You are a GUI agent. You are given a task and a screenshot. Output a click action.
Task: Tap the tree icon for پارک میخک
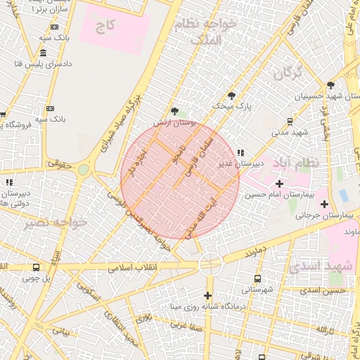tap(231, 96)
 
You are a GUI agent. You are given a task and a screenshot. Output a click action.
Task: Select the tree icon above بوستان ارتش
tap(174, 111)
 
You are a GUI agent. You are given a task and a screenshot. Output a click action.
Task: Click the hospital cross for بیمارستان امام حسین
tap(280, 163)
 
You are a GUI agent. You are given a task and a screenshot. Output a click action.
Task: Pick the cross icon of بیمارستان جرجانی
tap(324, 205)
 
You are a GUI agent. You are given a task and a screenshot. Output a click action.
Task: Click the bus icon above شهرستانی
tap(257, 278)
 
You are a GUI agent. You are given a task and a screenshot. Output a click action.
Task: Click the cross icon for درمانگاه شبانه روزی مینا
tap(207, 295)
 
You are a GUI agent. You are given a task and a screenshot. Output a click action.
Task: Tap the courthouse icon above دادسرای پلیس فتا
tap(44, 53)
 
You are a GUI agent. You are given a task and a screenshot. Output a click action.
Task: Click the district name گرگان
tap(289, 72)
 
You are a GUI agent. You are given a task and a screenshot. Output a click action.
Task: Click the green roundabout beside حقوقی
tap(84, 169)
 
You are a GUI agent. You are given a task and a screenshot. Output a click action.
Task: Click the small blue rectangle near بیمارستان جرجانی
tap(343, 193)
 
